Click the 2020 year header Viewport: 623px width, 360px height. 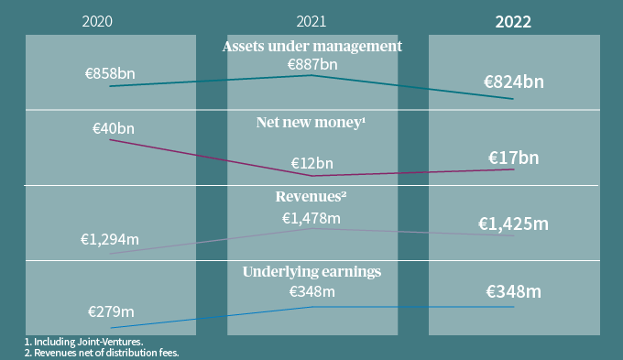(96, 21)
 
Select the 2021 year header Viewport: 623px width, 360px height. (311, 21)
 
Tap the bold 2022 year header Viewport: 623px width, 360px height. (513, 22)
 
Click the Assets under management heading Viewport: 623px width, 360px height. (312, 46)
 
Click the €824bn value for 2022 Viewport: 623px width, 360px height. (514, 82)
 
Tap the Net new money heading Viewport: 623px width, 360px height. (311, 121)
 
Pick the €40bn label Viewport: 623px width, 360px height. (114, 129)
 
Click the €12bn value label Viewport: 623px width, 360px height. (312, 163)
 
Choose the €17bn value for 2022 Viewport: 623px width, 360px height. (513, 158)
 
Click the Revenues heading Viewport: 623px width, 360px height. (311, 196)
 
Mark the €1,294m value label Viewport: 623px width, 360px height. (110, 239)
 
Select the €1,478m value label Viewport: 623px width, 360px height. (311, 217)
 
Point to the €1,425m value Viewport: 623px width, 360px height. (513, 224)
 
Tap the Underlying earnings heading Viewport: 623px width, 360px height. (311, 271)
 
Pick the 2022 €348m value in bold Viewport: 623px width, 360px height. (513, 292)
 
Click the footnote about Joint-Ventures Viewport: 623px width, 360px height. (71, 342)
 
